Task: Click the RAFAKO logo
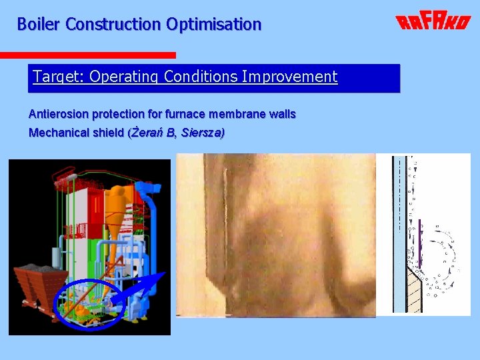point(432,22)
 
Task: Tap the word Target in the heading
point(55,77)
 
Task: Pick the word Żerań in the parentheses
point(147,133)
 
